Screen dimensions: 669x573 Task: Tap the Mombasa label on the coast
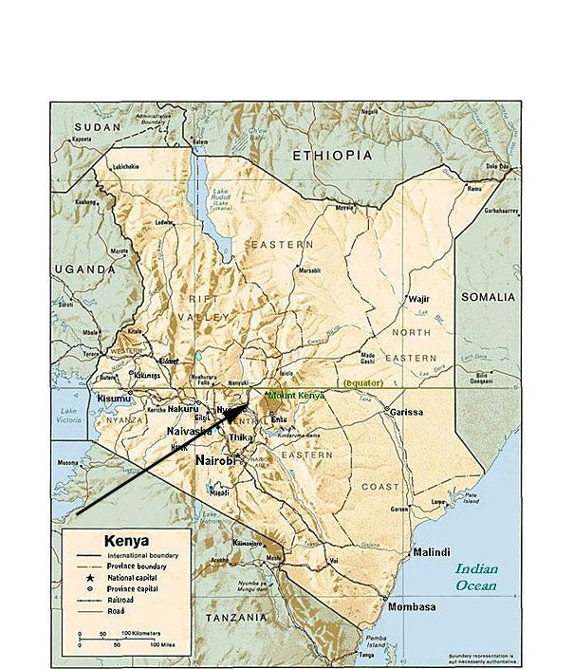click(x=411, y=606)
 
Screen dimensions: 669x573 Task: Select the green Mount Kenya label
click(x=296, y=395)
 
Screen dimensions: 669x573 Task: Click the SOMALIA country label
click(x=488, y=297)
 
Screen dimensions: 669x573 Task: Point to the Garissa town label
click(x=405, y=412)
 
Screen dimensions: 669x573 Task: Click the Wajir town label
click(x=418, y=298)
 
